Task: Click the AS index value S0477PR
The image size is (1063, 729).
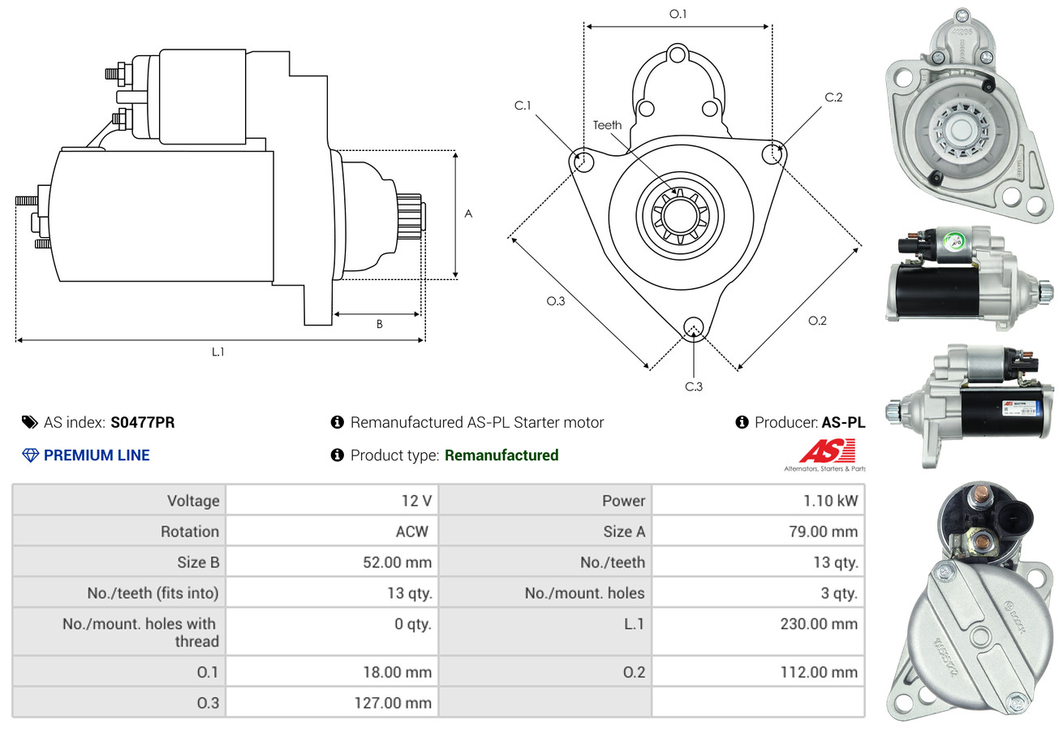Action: click(142, 422)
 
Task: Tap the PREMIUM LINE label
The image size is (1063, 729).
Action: click(97, 455)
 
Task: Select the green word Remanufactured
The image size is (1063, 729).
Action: click(501, 455)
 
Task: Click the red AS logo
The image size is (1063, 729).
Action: click(827, 451)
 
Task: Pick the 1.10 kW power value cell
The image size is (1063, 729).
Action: click(830, 500)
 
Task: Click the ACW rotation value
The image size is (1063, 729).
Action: click(412, 531)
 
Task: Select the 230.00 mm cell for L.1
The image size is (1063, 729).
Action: click(819, 623)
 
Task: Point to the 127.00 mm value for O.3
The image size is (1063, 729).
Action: click(393, 702)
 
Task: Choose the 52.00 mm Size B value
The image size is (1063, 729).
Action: click(397, 562)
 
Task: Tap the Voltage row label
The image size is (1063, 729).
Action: click(193, 500)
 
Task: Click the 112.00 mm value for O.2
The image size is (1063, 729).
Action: click(819, 671)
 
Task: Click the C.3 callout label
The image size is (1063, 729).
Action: click(694, 386)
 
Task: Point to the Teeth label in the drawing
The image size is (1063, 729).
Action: click(607, 125)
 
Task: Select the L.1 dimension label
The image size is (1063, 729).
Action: click(217, 352)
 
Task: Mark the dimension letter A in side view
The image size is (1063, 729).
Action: click(468, 214)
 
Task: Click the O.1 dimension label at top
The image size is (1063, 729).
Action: click(678, 14)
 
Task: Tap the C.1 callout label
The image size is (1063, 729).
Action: click(523, 106)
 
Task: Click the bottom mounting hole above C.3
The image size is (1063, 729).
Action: click(694, 327)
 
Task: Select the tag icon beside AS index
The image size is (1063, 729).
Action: click(30, 422)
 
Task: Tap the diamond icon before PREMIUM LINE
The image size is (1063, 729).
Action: click(30, 455)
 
